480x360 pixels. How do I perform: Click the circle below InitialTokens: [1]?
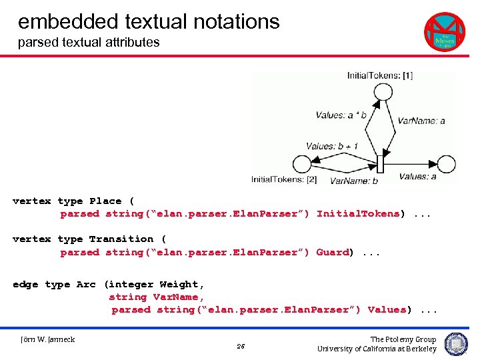383,90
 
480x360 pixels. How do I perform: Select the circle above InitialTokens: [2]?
301,164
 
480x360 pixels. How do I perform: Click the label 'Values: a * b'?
341,115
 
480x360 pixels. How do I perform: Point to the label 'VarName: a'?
421,121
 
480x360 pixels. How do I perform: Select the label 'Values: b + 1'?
332,146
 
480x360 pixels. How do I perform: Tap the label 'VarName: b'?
353,180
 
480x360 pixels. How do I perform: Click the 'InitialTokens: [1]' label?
379,75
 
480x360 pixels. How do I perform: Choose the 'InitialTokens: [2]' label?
283,179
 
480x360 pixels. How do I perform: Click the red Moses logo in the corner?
445,31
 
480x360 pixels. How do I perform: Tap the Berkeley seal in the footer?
456,344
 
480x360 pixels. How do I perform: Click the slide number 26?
241,346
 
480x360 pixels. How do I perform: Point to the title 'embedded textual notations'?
149,21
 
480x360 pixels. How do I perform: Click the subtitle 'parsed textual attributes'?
89,42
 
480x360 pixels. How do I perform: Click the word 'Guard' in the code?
332,252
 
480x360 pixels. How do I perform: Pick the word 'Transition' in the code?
121,239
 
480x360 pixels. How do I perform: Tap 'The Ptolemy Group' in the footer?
403,339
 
